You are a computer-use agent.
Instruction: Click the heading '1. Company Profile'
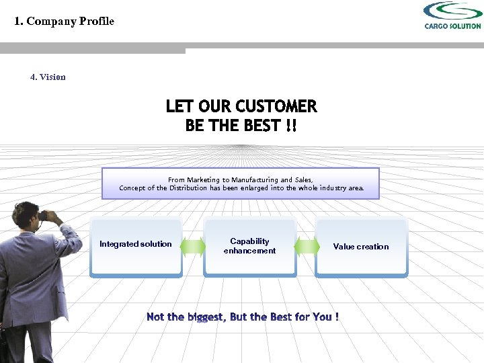(65, 21)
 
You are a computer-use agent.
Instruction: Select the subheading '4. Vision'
(48, 77)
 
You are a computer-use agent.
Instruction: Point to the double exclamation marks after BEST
(290, 126)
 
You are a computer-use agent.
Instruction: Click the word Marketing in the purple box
(208, 179)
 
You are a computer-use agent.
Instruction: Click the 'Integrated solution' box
(136, 246)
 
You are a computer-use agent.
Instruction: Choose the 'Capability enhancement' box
(249, 246)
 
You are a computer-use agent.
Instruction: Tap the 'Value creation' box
(361, 247)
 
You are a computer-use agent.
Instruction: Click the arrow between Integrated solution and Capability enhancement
(193, 247)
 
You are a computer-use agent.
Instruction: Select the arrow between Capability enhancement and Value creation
(307, 247)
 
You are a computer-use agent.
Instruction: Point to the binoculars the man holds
(47, 216)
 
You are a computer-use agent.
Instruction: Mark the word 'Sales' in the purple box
(304, 179)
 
